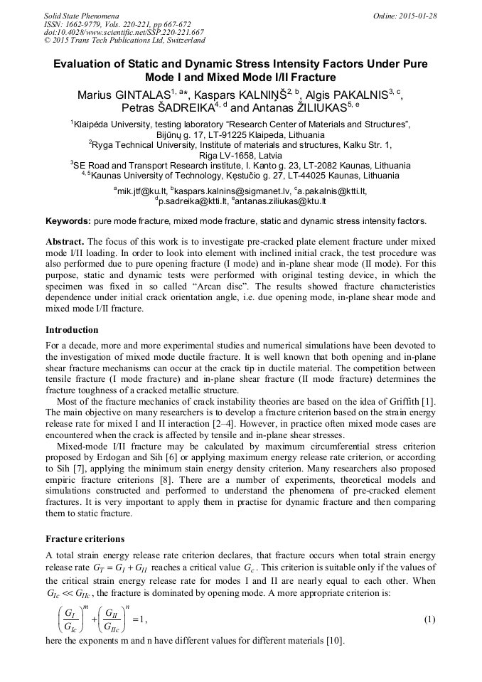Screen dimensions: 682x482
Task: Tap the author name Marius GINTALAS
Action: click(x=122, y=95)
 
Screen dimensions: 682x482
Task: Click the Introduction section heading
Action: click(x=72, y=330)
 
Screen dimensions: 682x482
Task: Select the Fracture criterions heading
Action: click(x=85, y=538)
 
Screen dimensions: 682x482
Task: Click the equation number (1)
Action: click(x=429, y=619)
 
